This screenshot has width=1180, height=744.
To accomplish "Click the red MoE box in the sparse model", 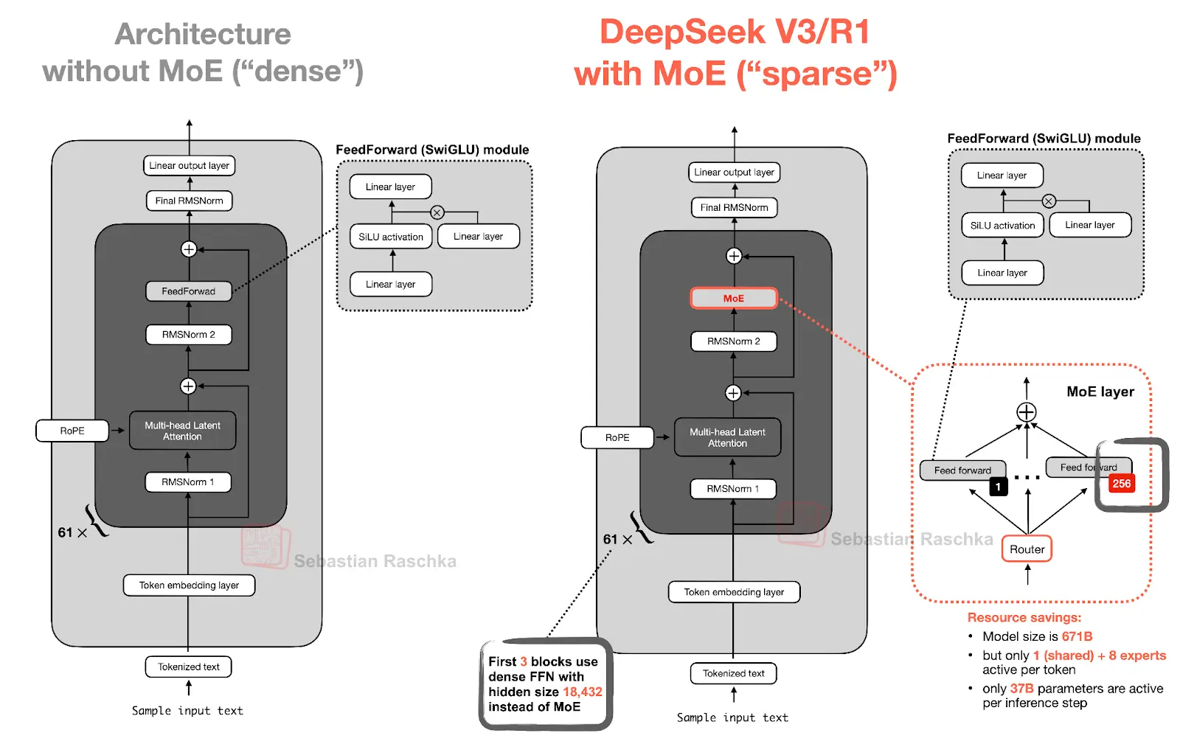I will pos(733,298).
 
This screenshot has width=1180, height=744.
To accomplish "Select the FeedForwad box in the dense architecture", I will pos(188,291).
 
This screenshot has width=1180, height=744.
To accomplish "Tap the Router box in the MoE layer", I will pos(1027,549).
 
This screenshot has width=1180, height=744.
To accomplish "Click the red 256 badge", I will pos(1121,484).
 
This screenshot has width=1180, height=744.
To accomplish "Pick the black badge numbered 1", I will pos(998,487).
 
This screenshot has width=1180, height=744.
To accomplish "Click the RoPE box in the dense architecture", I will pos(72,431).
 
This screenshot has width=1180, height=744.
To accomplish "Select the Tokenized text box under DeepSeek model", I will pos(733,673).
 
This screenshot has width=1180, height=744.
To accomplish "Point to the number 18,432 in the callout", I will pos(582,692).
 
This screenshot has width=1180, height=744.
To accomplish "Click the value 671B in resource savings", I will pos(1077,636).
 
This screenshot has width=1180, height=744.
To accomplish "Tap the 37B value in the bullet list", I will pos(1021,689).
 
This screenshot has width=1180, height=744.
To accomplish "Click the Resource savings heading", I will pos(1024,618).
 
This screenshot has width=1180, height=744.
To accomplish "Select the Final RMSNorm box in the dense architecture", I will pos(189,201).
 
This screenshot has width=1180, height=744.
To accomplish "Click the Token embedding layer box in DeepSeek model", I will pos(734,592).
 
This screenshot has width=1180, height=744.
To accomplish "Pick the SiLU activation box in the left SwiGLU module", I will pos(391,237).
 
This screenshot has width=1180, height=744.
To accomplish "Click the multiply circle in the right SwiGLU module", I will pos(1049,201).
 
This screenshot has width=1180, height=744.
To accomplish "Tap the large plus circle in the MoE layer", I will pos(1027,412).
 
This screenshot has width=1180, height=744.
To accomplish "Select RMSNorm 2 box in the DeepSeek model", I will pos(733,341).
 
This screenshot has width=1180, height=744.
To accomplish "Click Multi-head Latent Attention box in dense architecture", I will pos(182,431).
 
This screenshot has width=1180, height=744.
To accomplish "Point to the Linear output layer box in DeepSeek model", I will pos(734,173).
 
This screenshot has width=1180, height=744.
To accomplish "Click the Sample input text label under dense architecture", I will pos(187,711).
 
